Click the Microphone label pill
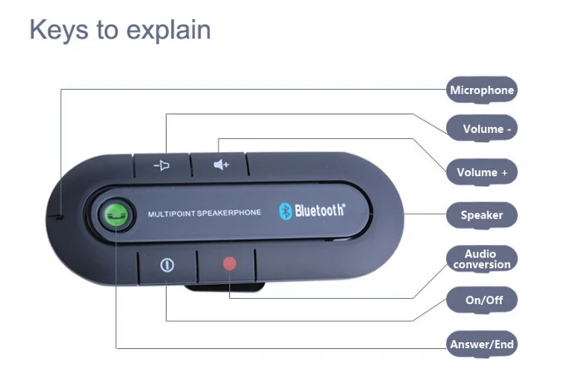482,90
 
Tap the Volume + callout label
482,173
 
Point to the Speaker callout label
482,215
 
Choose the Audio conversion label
482,258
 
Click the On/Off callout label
482,300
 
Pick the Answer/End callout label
482,344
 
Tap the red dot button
229,264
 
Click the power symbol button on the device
167,266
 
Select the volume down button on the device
163,164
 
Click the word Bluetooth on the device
318,211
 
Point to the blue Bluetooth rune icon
282,211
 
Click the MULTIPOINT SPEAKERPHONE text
204,214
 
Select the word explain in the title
171,31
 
